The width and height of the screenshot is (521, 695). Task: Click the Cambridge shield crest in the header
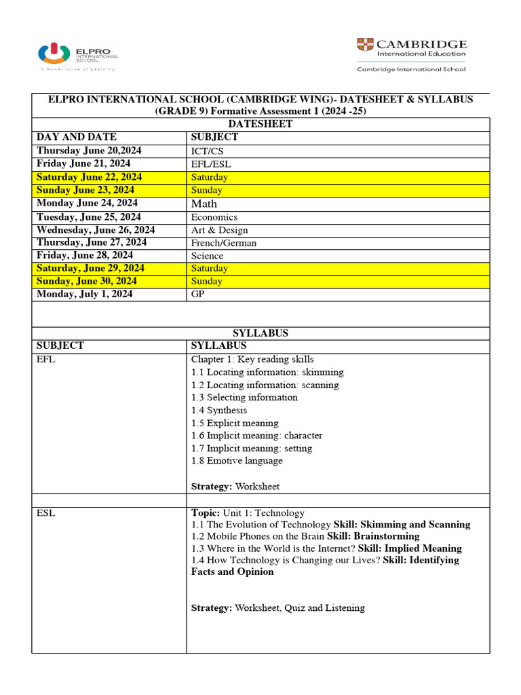click(364, 45)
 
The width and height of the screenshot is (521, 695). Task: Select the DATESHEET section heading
click(260, 124)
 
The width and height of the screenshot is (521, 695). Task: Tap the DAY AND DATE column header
click(77, 137)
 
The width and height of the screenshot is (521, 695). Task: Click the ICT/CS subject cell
click(210, 151)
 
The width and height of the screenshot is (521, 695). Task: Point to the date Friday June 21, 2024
click(83, 164)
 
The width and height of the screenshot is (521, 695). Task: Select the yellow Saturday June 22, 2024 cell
click(90, 177)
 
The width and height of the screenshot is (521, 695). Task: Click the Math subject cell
click(204, 203)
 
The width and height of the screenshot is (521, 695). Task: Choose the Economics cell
click(214, 217)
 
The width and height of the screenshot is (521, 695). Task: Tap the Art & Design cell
click(220, 229)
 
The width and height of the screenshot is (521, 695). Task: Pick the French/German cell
click(224, 242)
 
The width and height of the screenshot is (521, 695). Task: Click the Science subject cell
click(207, 255)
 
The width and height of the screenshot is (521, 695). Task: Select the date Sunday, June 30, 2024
click(87, 281)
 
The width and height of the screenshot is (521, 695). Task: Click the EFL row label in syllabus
click(46, 359)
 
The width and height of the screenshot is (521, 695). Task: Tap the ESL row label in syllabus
click(46, 513)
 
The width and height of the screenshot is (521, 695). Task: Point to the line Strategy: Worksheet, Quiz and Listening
click(278, 608)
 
